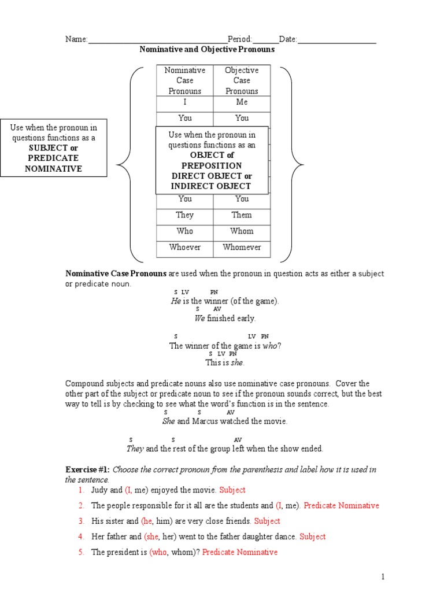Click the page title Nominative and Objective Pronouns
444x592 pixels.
tap(207, 50)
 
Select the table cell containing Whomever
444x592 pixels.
tap(242, 247)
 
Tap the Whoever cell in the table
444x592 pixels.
tap(185, 247)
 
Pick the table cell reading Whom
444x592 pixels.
tap(242, 231)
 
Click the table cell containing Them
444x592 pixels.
tap(242, 215)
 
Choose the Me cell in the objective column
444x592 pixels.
tap(242, 102)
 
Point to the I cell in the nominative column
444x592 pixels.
tap(185, 102)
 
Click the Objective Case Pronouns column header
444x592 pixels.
tap(242, 80)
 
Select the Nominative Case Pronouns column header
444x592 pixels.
tap(185, 80)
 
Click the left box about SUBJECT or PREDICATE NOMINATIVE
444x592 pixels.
tap(54, 148)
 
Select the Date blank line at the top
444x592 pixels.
tap(336, 40)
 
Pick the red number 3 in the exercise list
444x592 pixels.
tap(82, 521)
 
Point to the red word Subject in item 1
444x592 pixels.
tap(232, 490)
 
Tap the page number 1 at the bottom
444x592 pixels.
tap(382, 577)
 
